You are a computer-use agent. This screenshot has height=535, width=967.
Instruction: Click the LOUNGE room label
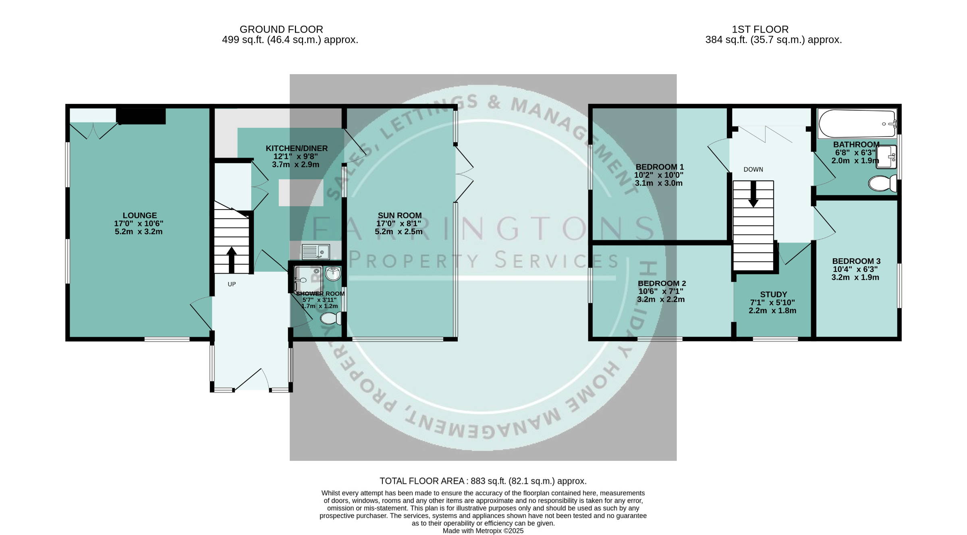point(140,216)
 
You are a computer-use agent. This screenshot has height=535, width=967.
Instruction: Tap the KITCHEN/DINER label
point(297,148)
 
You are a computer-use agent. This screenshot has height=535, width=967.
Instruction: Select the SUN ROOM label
point(399,216)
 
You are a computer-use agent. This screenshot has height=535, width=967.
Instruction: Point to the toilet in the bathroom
point(882,183)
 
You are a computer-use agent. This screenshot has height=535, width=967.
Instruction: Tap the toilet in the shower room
point(331,319)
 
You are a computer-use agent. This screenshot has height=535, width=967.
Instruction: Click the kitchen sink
point(316,252)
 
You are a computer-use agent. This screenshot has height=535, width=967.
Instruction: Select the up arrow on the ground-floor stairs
point(231,260)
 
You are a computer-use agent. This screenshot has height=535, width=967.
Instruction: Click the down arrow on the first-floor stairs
point(753,194)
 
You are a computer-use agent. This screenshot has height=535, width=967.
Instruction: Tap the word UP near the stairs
point(232,284)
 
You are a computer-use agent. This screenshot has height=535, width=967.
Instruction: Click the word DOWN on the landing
point(753,170)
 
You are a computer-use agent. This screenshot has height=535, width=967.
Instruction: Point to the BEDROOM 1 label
point(660,167)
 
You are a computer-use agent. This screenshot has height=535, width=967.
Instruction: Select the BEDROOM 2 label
point(662,283)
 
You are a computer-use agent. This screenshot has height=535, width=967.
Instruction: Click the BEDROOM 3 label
point(856,261)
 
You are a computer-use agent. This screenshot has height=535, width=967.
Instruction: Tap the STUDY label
point(773,294)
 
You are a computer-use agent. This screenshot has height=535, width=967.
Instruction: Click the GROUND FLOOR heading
point(281,29)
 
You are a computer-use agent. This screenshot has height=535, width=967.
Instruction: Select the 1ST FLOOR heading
point(760,29)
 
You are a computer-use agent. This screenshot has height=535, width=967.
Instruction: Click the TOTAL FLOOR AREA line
point(483,481)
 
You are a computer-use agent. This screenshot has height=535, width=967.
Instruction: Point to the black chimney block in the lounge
point(141,116)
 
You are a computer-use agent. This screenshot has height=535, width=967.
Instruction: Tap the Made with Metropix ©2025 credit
point(483,531)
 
